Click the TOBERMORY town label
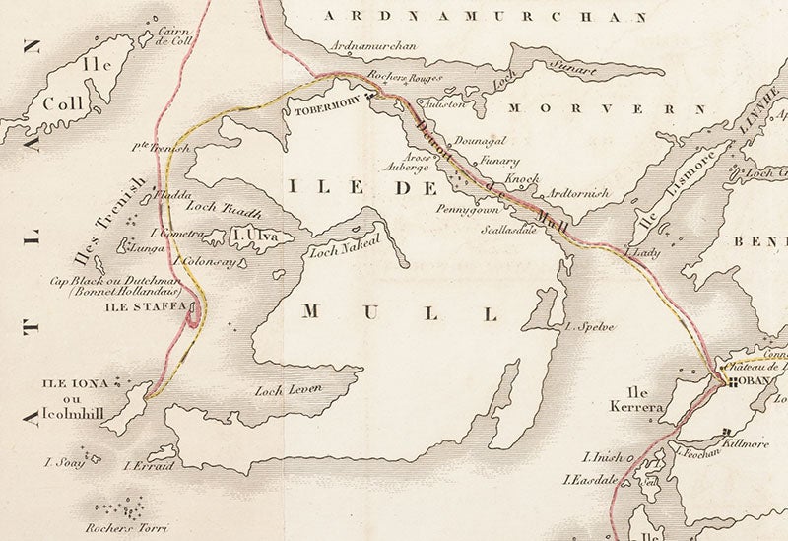(x=329, y=112)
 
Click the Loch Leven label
(x=289, y=390)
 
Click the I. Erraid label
(x=149, y=465)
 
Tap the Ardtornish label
(x=578, y=194)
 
